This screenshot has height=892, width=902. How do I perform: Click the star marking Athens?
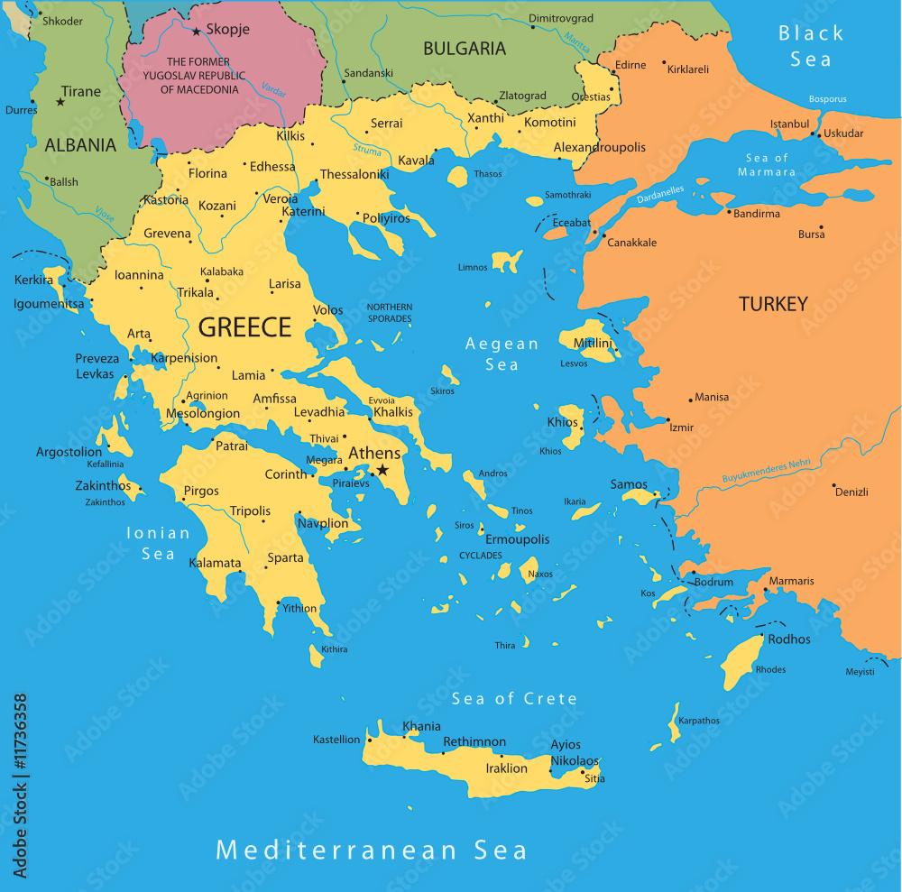[x=382, y=470]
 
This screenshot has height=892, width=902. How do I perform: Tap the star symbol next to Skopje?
[x=196, y=31]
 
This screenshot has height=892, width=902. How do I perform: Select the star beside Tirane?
[x=60, y=101]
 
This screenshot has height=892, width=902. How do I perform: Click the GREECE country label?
[x=244, y=327]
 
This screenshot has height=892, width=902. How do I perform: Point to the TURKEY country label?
[x=773, y=304]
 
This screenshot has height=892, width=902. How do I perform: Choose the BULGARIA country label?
[x=465, y=49]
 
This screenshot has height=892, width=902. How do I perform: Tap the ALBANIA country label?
[x=80, y=144]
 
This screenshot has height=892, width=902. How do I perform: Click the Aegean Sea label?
[x=502, y=354]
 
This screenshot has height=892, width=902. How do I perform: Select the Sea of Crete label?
[x=514, y=698]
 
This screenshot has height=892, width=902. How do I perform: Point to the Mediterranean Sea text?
[x=371, y=850]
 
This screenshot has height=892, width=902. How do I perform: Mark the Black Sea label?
[x=811, y=46]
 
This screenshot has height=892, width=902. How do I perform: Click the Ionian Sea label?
[x=158, y=543]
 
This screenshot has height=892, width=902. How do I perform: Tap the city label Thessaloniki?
[x=354, y=174]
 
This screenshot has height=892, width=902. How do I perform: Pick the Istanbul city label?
[x=789, y=124]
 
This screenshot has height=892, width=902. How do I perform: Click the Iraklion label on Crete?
[x=506, y=768]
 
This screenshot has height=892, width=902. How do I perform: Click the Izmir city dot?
[x=667, y=420]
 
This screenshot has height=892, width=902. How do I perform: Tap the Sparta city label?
[x=286, y=557]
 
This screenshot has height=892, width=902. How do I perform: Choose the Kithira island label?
[x=334, y=649]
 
